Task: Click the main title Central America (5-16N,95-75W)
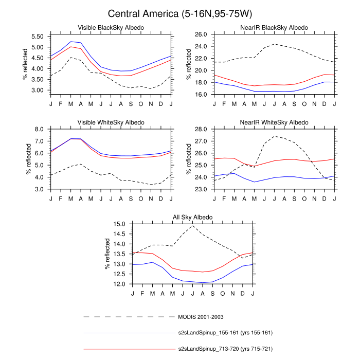coord(180,13)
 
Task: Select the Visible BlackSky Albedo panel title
coord(111,27)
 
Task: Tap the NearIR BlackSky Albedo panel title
coord(274,27)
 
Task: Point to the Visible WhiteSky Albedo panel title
coord(111,122)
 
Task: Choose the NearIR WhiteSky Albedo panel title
coord(274,122)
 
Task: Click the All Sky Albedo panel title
coord(192,218)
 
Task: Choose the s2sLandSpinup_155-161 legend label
coord(225,333)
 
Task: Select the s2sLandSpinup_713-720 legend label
coord(225,349)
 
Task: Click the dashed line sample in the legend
coord(129,317)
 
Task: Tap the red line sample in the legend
coord(129,349)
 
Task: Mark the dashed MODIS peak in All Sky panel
coord(193,225)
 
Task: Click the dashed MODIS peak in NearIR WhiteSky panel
coord(275,136)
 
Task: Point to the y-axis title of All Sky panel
coord(107,254)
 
